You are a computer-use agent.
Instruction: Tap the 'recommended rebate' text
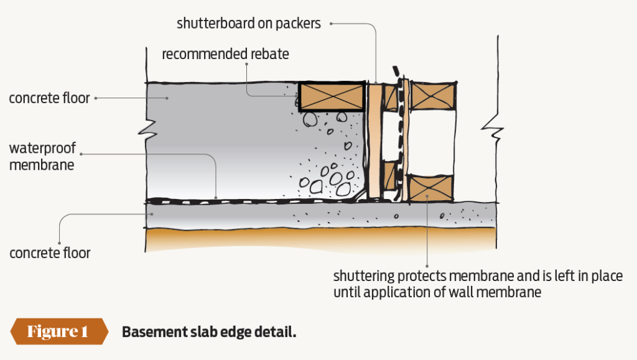225,54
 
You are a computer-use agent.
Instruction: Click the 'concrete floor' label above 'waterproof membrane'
49,98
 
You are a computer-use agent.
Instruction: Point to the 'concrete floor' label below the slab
50,253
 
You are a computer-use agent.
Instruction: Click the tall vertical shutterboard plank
374,140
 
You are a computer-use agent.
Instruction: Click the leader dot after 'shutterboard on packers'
332,24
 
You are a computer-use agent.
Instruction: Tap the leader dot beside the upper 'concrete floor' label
96,98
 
